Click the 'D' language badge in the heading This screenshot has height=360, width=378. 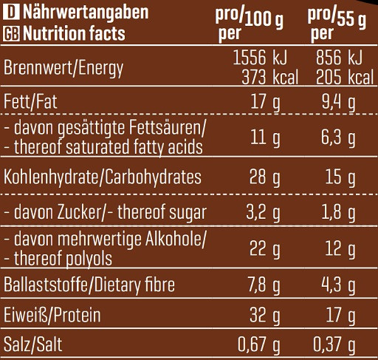[11, 13]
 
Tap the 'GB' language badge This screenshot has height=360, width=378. [11, 33]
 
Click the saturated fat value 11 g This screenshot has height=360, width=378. [264, 138]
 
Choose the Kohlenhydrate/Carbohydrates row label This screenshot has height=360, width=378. [92, 177]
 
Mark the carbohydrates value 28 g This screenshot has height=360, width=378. [264, 177]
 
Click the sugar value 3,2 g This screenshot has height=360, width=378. [261, 214]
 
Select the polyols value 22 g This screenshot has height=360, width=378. [264, 249]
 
